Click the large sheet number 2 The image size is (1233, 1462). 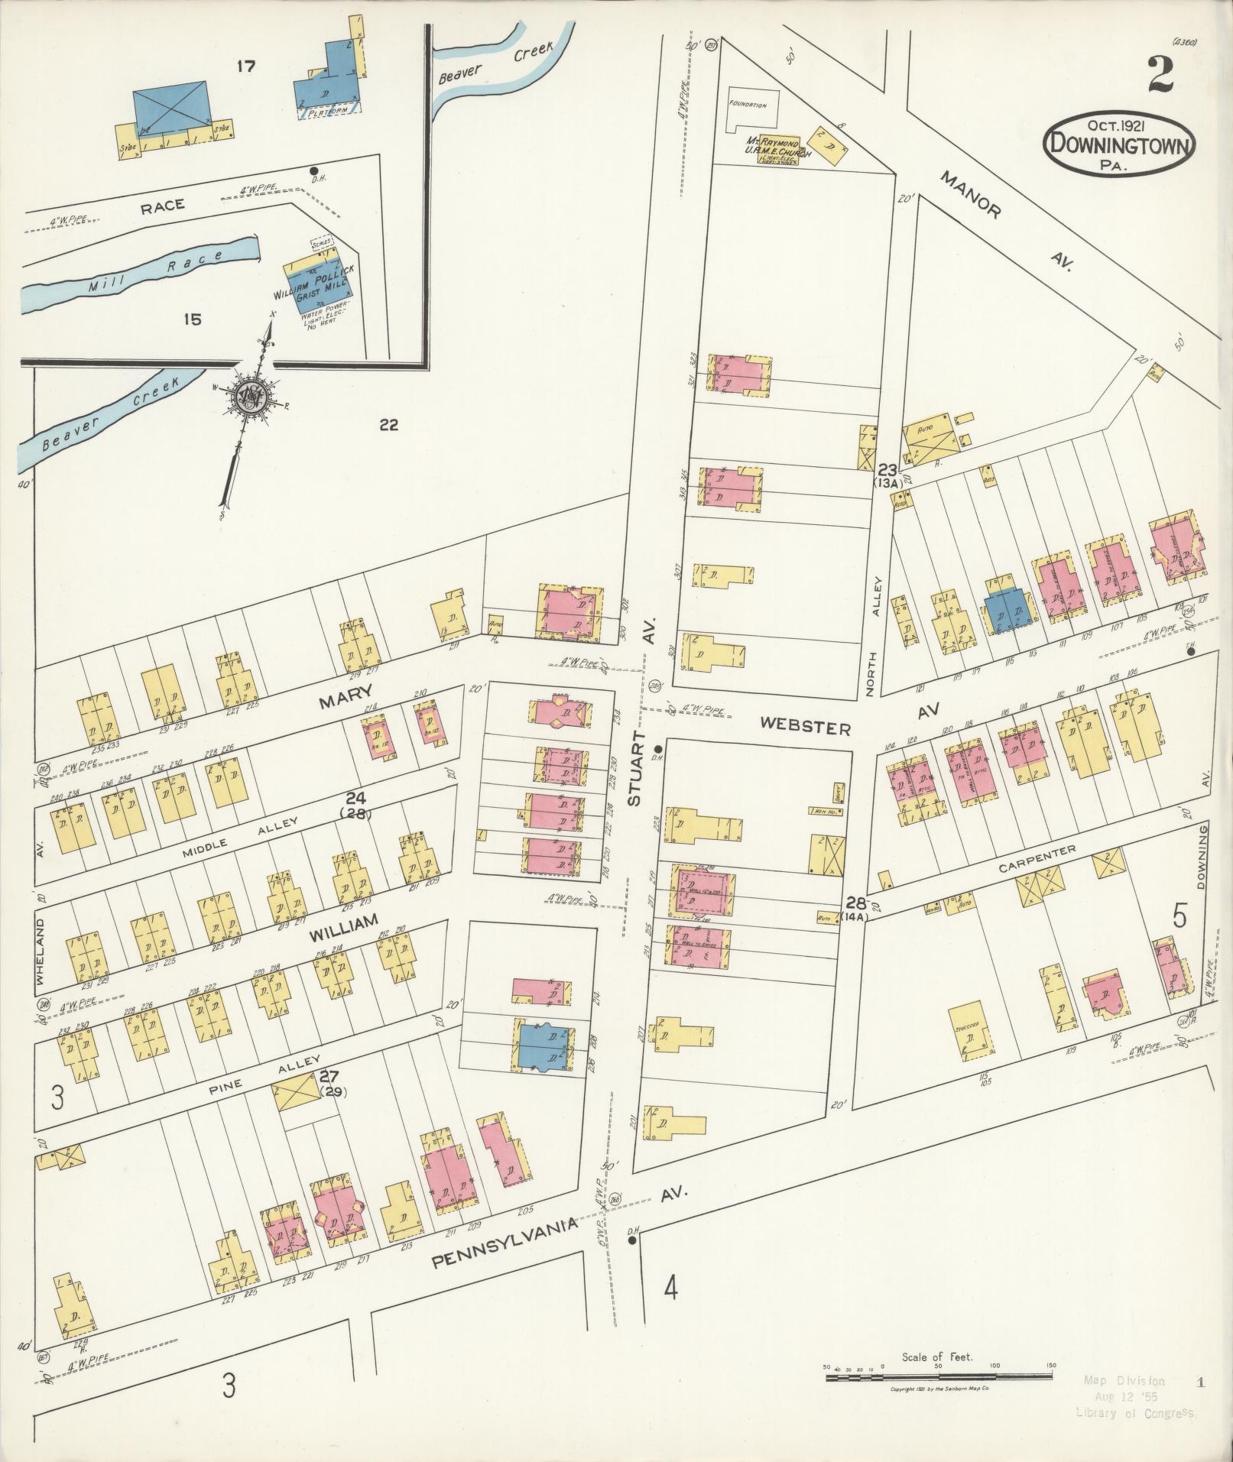pyautogui.click(x=1160, y=76)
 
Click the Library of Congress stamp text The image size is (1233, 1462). pyautogui.click(x=1138, y=1413)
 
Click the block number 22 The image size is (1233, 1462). pyautogui.click(x=388, y=425)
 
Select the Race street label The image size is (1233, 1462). pyautogui.click(x=162, y=204)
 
